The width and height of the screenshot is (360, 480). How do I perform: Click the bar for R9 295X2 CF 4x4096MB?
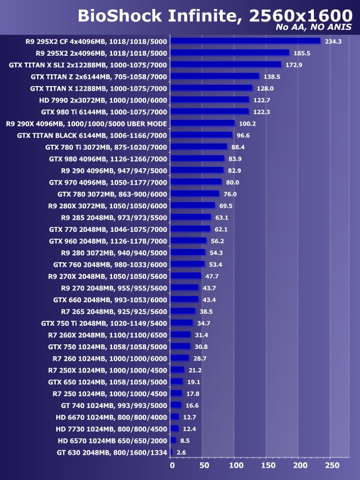click(x=245, y=41)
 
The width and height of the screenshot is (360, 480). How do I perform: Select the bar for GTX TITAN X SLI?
click(x=226, y=65)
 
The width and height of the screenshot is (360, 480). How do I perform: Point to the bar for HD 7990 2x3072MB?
click(x=210, y=100)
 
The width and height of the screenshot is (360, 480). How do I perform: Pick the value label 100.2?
click(x=247, y=123)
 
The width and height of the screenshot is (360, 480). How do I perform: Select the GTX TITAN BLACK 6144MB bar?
click(x=201, y=135)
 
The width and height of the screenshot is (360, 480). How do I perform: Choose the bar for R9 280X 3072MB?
click(x=193, y=205)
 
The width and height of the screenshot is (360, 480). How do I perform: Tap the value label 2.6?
click(x=181, y=452)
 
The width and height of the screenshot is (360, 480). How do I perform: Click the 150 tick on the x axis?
click(x=268, y=465)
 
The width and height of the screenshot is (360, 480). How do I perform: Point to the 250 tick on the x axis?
click(x=332, y=465)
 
